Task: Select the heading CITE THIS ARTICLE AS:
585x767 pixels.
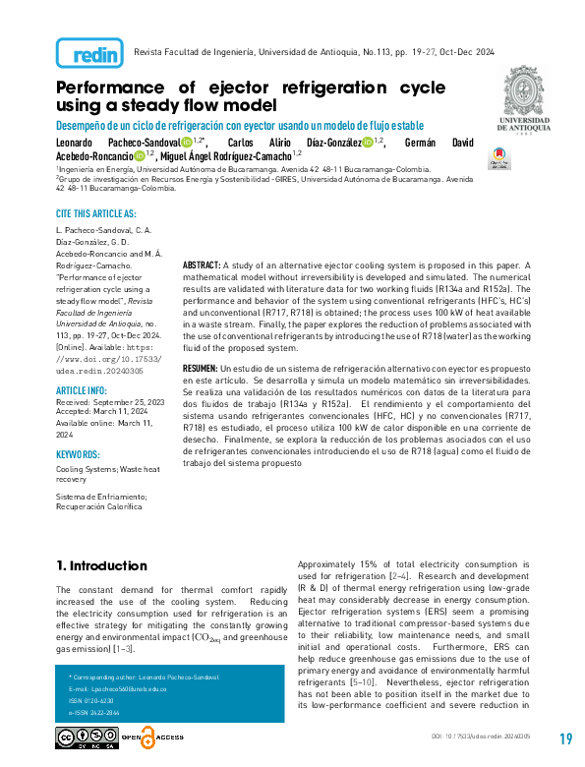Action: [96, 213]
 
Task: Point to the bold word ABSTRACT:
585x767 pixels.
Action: [202, 265]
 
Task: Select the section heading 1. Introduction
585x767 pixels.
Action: [101, 566]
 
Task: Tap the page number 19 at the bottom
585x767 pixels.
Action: [564, 739]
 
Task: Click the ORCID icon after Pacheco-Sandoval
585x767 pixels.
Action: [186, 143]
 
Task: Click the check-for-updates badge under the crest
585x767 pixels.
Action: [498, 153]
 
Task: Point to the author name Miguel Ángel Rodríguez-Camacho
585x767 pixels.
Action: [226, 155]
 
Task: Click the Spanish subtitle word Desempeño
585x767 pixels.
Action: [82, 125]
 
